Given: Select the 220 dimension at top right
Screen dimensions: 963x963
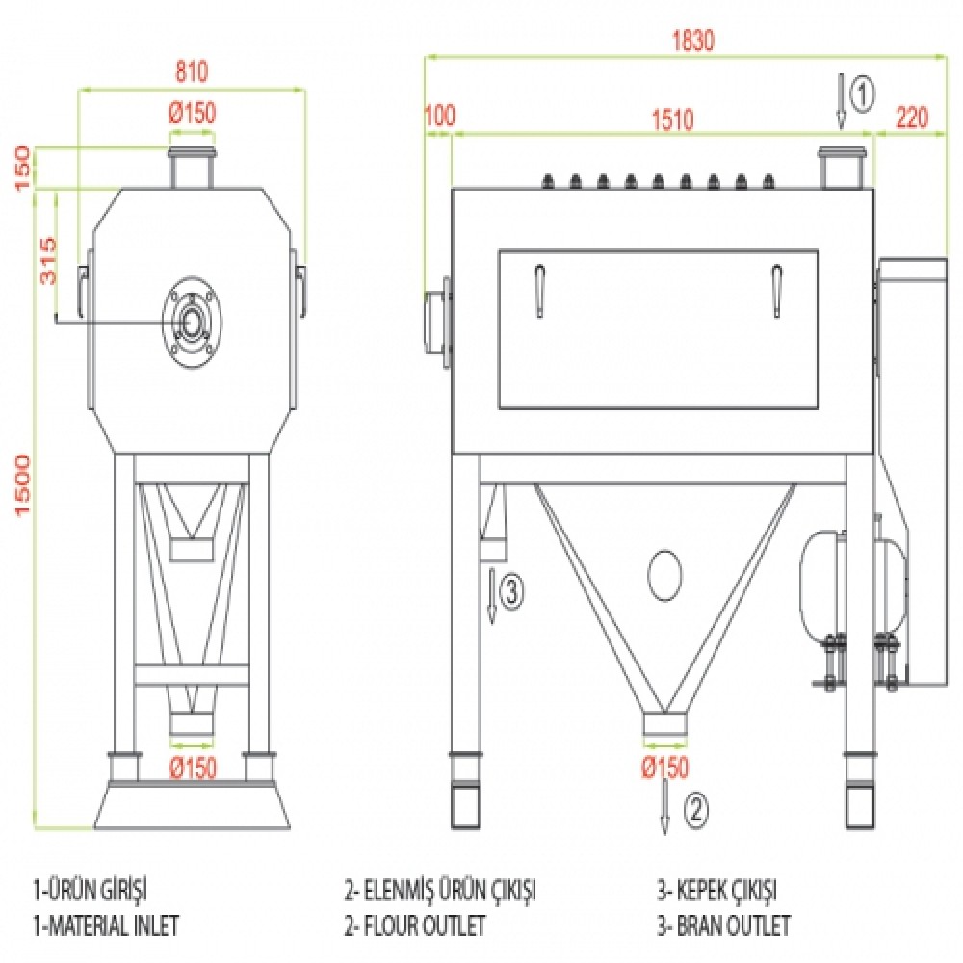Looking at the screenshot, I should pyautogui.click(x=911, y=118).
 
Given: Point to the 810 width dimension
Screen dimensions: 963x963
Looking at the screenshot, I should pyautogui.click(x=192, y=73).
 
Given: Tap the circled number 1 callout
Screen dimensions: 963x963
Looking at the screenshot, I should pyautogui.click(x=864, y=93).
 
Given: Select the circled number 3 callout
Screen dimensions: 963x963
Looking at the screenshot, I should pyautogui.click(x=512, y=592).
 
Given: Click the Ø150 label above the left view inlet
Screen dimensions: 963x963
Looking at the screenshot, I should pyautogui.click(x=192, y=113).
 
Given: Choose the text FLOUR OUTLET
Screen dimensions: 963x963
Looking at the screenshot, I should pyautogui.click(x=415, y=926).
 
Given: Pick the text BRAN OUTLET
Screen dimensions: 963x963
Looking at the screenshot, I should pyautogui.click(x=723, y=926).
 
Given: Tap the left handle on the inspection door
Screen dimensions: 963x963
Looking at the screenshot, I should pyautogui.click(x=539, y=288).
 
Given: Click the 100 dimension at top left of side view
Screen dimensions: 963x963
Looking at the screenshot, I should pyautogui.click(x=438, y=118).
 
